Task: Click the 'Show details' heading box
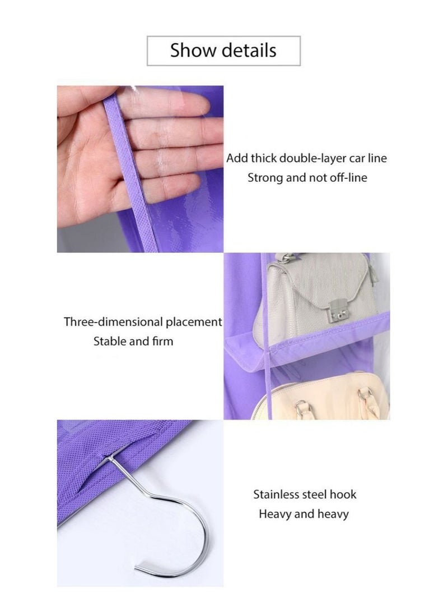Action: click(x=223, y=50)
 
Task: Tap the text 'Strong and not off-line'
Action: click(x=307, y=178)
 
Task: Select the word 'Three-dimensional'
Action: click(x=114, y=322)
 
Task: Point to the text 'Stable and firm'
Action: click(x=133, y=341)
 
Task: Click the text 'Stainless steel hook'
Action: click(x=305, y=495)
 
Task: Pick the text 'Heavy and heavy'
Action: click(x=304, y=514)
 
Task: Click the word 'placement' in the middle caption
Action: click(x=193, y=322)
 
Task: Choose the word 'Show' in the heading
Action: click(x=192, y=50)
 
